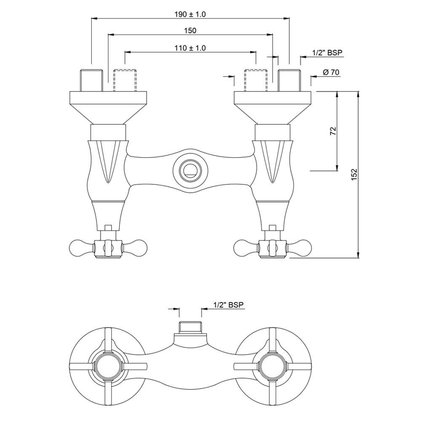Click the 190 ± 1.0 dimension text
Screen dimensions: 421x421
click(x=190, y=14)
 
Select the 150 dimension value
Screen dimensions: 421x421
click(x=190, y=31)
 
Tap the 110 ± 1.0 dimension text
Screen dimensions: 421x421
click(x=190, y=48)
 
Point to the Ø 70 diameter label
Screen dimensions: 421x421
click(x=331, y=72)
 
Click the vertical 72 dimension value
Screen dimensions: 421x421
click(x=332, y=131)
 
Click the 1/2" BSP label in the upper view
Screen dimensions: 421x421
click(x=328, y=53)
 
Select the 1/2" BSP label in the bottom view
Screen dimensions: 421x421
click(x=229, y=305)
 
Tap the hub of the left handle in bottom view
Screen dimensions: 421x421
click(x=108, y=362)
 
